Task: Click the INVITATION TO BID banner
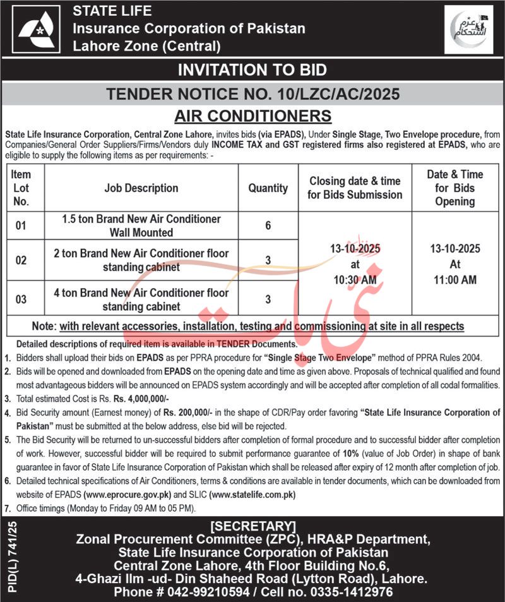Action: click(252, 69)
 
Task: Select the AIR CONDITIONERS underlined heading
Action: click(252, 116)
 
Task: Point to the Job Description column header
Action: click(141, 188)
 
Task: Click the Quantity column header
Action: click(268, 188)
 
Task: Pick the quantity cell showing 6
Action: click(268, 226)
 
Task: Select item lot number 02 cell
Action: click(21, 260)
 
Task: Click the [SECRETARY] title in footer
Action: click(252, 526)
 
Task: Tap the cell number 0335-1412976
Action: click(353, 591)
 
